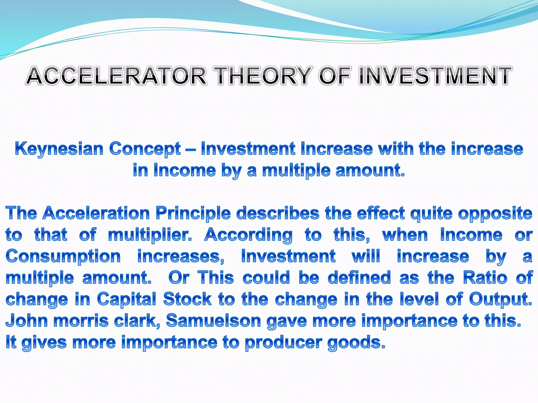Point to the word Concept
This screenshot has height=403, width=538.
click(x=145, y=149)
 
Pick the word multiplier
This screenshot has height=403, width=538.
click(x=150, y=235)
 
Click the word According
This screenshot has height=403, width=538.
click(x=248, y=235)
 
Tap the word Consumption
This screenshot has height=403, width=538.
click(x=63, y=257)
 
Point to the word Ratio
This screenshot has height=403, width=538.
click(x=485, y=278)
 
